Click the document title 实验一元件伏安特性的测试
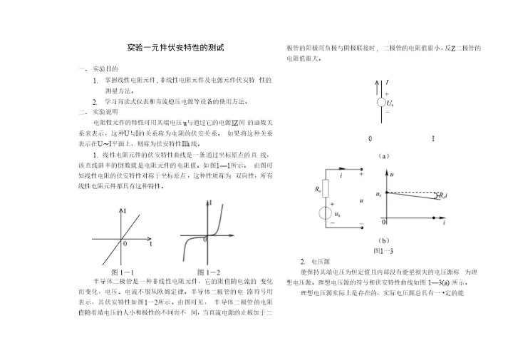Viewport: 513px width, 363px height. (x=175, y=48)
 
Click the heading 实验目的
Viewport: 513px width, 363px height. (x=105, y=69)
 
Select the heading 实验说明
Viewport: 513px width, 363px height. (x=105, y=112)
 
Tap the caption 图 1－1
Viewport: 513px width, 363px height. (x=123, y=272)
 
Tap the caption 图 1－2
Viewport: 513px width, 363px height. (x=208, y=272)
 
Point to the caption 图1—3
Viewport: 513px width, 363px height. (x=383, y=251)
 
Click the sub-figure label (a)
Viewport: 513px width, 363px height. (x=383, y=155)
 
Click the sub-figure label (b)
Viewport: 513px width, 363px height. (x=383, y=241)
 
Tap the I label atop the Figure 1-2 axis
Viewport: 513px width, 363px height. (x=210, y=203)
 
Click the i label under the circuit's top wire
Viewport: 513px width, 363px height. (x=341, y=175)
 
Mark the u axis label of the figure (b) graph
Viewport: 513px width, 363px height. (x=393, y=173)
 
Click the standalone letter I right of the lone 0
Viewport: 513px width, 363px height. (x=433, y=138)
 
